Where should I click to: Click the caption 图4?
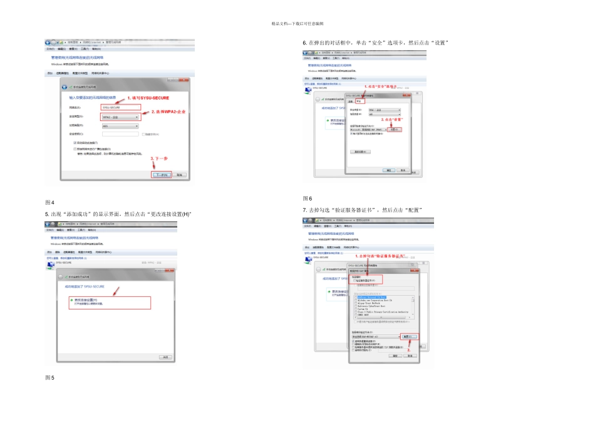(x=49, y=202)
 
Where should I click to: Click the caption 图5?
(x=49, y=378)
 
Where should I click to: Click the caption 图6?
(x=307, y=198)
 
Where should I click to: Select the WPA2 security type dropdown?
(x=120, y=117)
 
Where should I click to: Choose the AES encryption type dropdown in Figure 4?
(x=120, y=126)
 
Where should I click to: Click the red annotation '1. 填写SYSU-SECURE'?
(x=148, y=98)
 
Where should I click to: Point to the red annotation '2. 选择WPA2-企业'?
(x=168, y=112)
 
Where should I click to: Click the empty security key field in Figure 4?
(x=120, y=134)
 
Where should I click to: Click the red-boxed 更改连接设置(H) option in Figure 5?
(x=110, y=302)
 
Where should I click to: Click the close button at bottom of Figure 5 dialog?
(x=165, y=357)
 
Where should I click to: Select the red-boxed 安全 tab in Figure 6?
(x=360, y=101)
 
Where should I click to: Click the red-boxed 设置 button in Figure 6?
(x=394, y=129)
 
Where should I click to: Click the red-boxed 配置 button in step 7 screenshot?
(x=407, y=336)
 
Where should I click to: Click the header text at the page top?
(x=297, y=23)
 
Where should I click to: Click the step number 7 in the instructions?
(x=304, y=210)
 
